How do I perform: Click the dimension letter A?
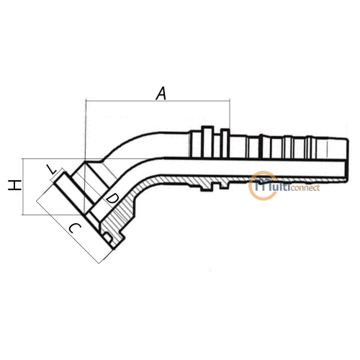pyautogui.click(x=161, y=94)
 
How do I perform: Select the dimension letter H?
pyautogui.click(x=14, y=185)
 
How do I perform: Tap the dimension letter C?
pyautogui.click(x=75, y=228)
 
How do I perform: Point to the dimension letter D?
pyautogui.click(x=112, y=199)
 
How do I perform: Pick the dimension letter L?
pyautogui.click(x=51, y=169)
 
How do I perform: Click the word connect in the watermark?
pyautogui.click(x=305, y=188)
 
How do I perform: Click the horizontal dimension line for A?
pyautogui.click(x=158, y=101)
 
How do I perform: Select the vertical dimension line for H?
pyautogui.click(x=22, y=186)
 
